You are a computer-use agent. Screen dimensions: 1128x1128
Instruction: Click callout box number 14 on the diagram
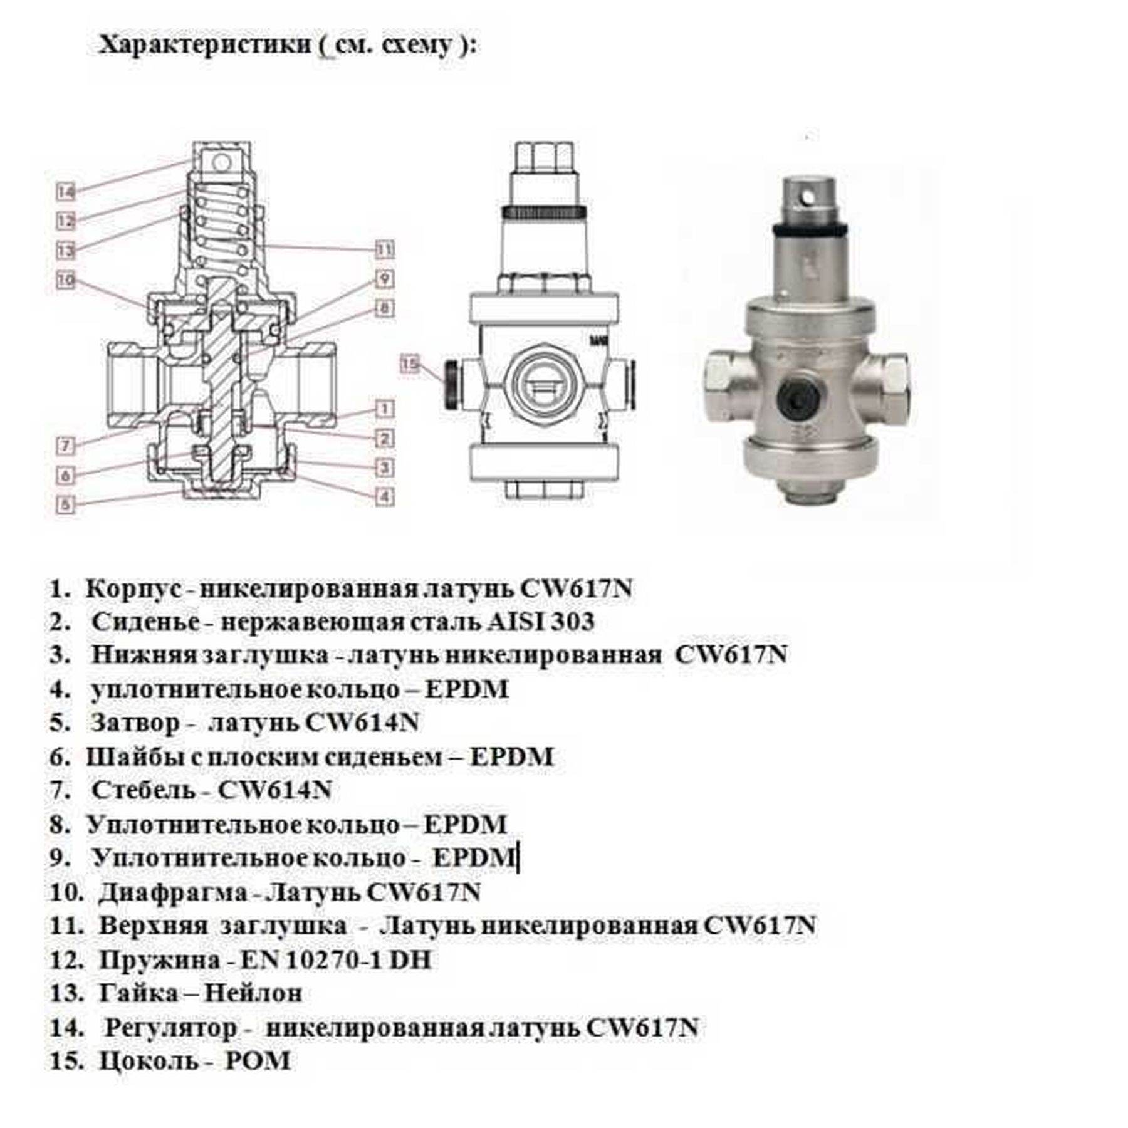66,192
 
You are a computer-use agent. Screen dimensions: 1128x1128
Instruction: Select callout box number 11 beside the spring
385,249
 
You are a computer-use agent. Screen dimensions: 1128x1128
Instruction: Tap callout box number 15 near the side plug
410,364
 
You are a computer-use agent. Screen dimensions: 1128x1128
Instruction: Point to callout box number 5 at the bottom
66,504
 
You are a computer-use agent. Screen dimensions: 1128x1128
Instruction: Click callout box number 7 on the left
66,446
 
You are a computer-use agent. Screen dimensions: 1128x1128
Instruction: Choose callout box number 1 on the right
385,409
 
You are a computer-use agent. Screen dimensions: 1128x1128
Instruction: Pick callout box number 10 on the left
66,279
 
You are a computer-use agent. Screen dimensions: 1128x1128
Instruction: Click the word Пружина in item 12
160,960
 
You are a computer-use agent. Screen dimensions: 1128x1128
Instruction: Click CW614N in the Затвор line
362,723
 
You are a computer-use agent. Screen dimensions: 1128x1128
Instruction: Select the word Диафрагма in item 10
173,892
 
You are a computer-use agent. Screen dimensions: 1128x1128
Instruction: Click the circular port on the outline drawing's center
545,384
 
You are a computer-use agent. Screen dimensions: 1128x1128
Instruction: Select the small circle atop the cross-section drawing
221,163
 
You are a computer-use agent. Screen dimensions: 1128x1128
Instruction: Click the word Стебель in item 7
144,790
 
